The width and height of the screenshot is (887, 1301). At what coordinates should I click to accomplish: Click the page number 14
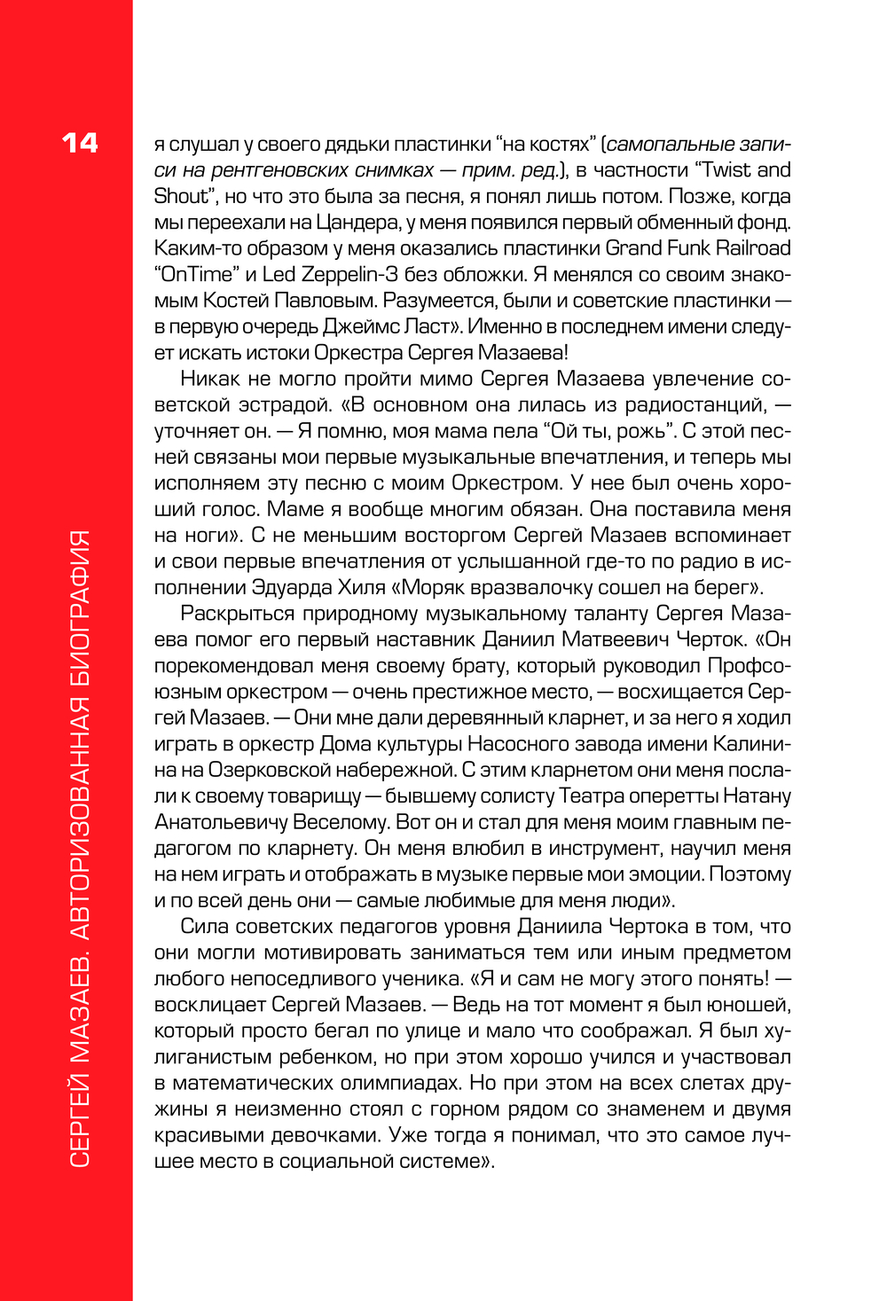(80, 143)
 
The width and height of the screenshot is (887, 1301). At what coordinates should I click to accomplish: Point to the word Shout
(180, 196)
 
